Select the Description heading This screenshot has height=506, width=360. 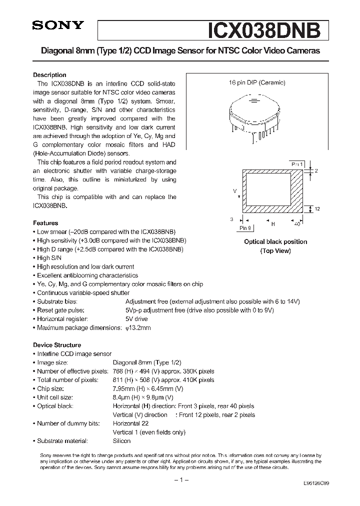point(49,75)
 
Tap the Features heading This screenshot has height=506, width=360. point(45,223)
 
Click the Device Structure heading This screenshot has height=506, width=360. point(57,345)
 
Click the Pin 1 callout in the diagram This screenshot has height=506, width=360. point(297,164)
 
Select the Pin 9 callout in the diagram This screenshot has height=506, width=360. point(245,228)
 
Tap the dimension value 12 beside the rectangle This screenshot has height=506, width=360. point(317,208)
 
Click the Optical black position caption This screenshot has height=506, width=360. point(275,242)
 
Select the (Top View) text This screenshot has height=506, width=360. point(275,251)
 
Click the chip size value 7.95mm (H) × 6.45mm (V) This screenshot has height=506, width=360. point(148,388)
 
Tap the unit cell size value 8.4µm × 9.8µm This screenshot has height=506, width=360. point(143,397)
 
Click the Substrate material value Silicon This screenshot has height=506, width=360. point(121,441)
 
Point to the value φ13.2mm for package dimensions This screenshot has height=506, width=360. point(138,327)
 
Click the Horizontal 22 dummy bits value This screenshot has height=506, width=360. point(130,423)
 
